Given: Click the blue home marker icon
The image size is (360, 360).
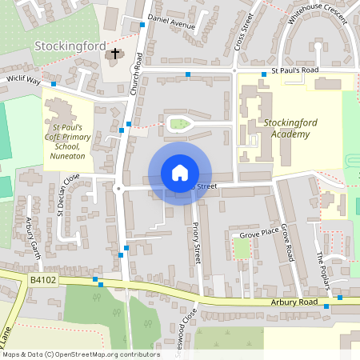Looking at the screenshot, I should tap(179, 172).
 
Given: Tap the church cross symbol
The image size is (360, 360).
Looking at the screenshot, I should tap(115, 54).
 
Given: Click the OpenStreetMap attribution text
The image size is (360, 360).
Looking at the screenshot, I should tap(81, 354).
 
